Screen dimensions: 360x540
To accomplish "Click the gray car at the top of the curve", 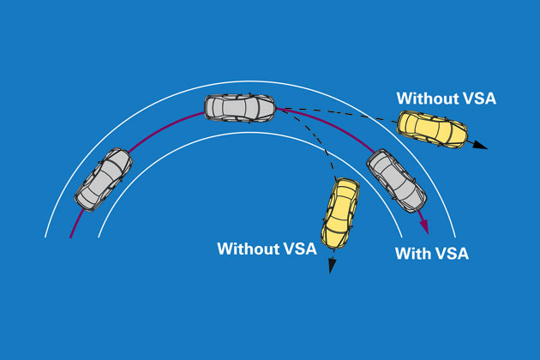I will pyautogui.click(x=239, y=107).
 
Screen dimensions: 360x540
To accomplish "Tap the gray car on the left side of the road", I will pyautogui.click(x=105, y=178).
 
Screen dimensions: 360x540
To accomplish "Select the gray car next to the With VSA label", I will pyautogui.click(x=396, y=180).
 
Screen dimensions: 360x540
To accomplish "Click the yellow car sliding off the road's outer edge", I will pyautogui.click(x=433, y=129).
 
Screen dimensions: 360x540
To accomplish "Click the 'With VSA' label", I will pyautogui.click(x=431, y=254).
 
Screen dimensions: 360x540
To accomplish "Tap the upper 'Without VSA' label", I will pyautogui.click(x=446, y=99).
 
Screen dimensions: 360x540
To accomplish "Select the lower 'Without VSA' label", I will pyautogui.click(x=267, y=249).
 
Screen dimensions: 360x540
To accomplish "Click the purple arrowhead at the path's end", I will pyautogui.click(x=424, y=227).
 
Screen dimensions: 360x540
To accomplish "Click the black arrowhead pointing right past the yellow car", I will pyautogui.click(x=481, y=146).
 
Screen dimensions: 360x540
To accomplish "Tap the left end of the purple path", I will pyautogui.click(x=71, y=237).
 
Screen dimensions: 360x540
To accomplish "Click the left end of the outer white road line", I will pyautogui.click(x=45, y=237).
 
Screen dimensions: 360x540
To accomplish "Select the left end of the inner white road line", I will pyautogui.click(x=98, y=237).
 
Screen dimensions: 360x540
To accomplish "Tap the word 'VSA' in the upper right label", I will pyautogui.click(x=477, y=99).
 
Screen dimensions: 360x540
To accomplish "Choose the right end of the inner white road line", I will pyautogui.click(x=402, y=237).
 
